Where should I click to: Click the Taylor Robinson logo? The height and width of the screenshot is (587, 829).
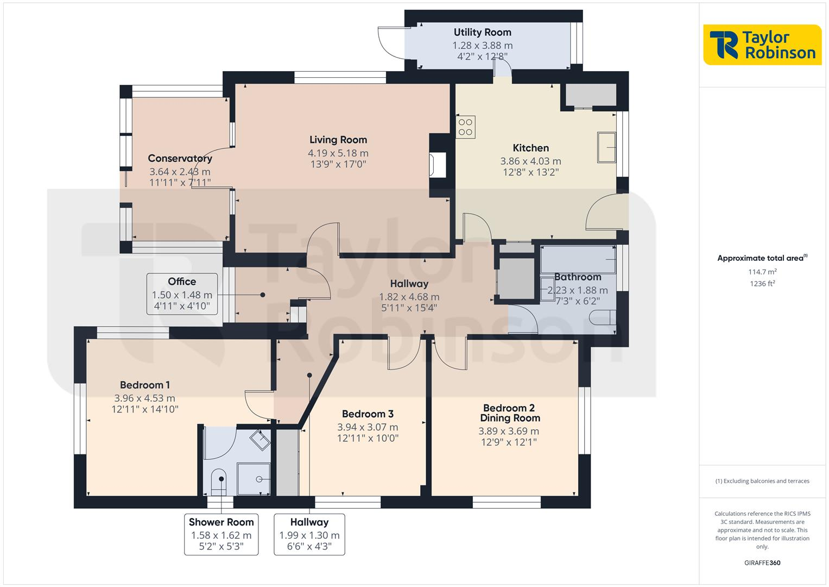click(762, 45)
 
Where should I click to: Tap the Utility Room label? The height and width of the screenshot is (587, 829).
click(482, 32)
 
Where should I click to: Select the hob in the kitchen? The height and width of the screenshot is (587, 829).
click(465, 127)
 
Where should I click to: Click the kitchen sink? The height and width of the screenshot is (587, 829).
click(606, 147)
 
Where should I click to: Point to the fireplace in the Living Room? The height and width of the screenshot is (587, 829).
click(438, 165)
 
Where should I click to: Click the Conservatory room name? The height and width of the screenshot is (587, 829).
click(180, 159)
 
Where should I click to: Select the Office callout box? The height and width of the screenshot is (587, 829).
click(182, 294)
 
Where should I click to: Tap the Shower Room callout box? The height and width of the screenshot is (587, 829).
click(221, 534)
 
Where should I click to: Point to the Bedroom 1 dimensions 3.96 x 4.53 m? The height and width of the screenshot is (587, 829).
click(145, 398)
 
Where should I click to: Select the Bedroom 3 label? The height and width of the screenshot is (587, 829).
click(368, 414)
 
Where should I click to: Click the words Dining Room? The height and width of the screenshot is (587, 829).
click(510, 418)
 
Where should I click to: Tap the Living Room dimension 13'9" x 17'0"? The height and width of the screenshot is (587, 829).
click(338, 164)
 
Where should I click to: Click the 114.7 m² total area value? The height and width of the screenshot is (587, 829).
click(762, 272)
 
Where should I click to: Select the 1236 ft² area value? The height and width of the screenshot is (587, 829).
click(762, 283)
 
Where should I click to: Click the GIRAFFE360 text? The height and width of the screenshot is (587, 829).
click(762, 563)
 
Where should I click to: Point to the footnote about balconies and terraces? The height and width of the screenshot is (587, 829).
click(762, 481)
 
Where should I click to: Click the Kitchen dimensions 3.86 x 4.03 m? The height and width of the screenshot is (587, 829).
click(530, 161)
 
